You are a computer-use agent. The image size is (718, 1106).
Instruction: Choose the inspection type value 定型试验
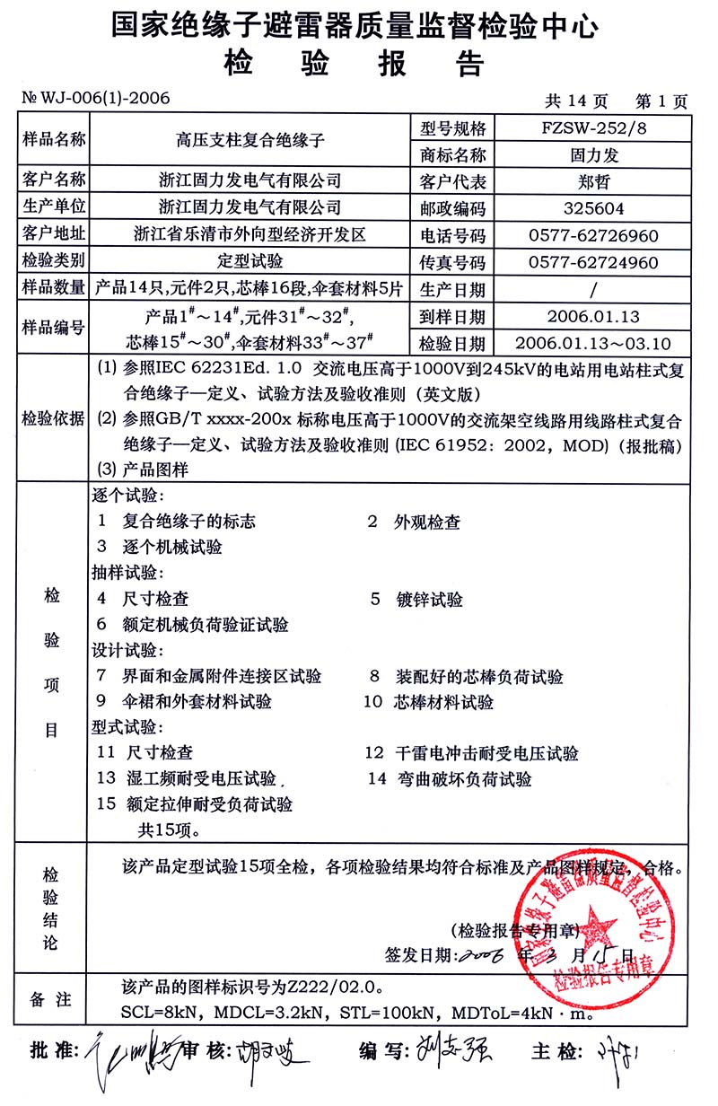[250, 262]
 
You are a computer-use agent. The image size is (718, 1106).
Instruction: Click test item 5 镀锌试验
[429, 600]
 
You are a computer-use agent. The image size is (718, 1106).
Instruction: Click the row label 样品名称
[53, 140]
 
